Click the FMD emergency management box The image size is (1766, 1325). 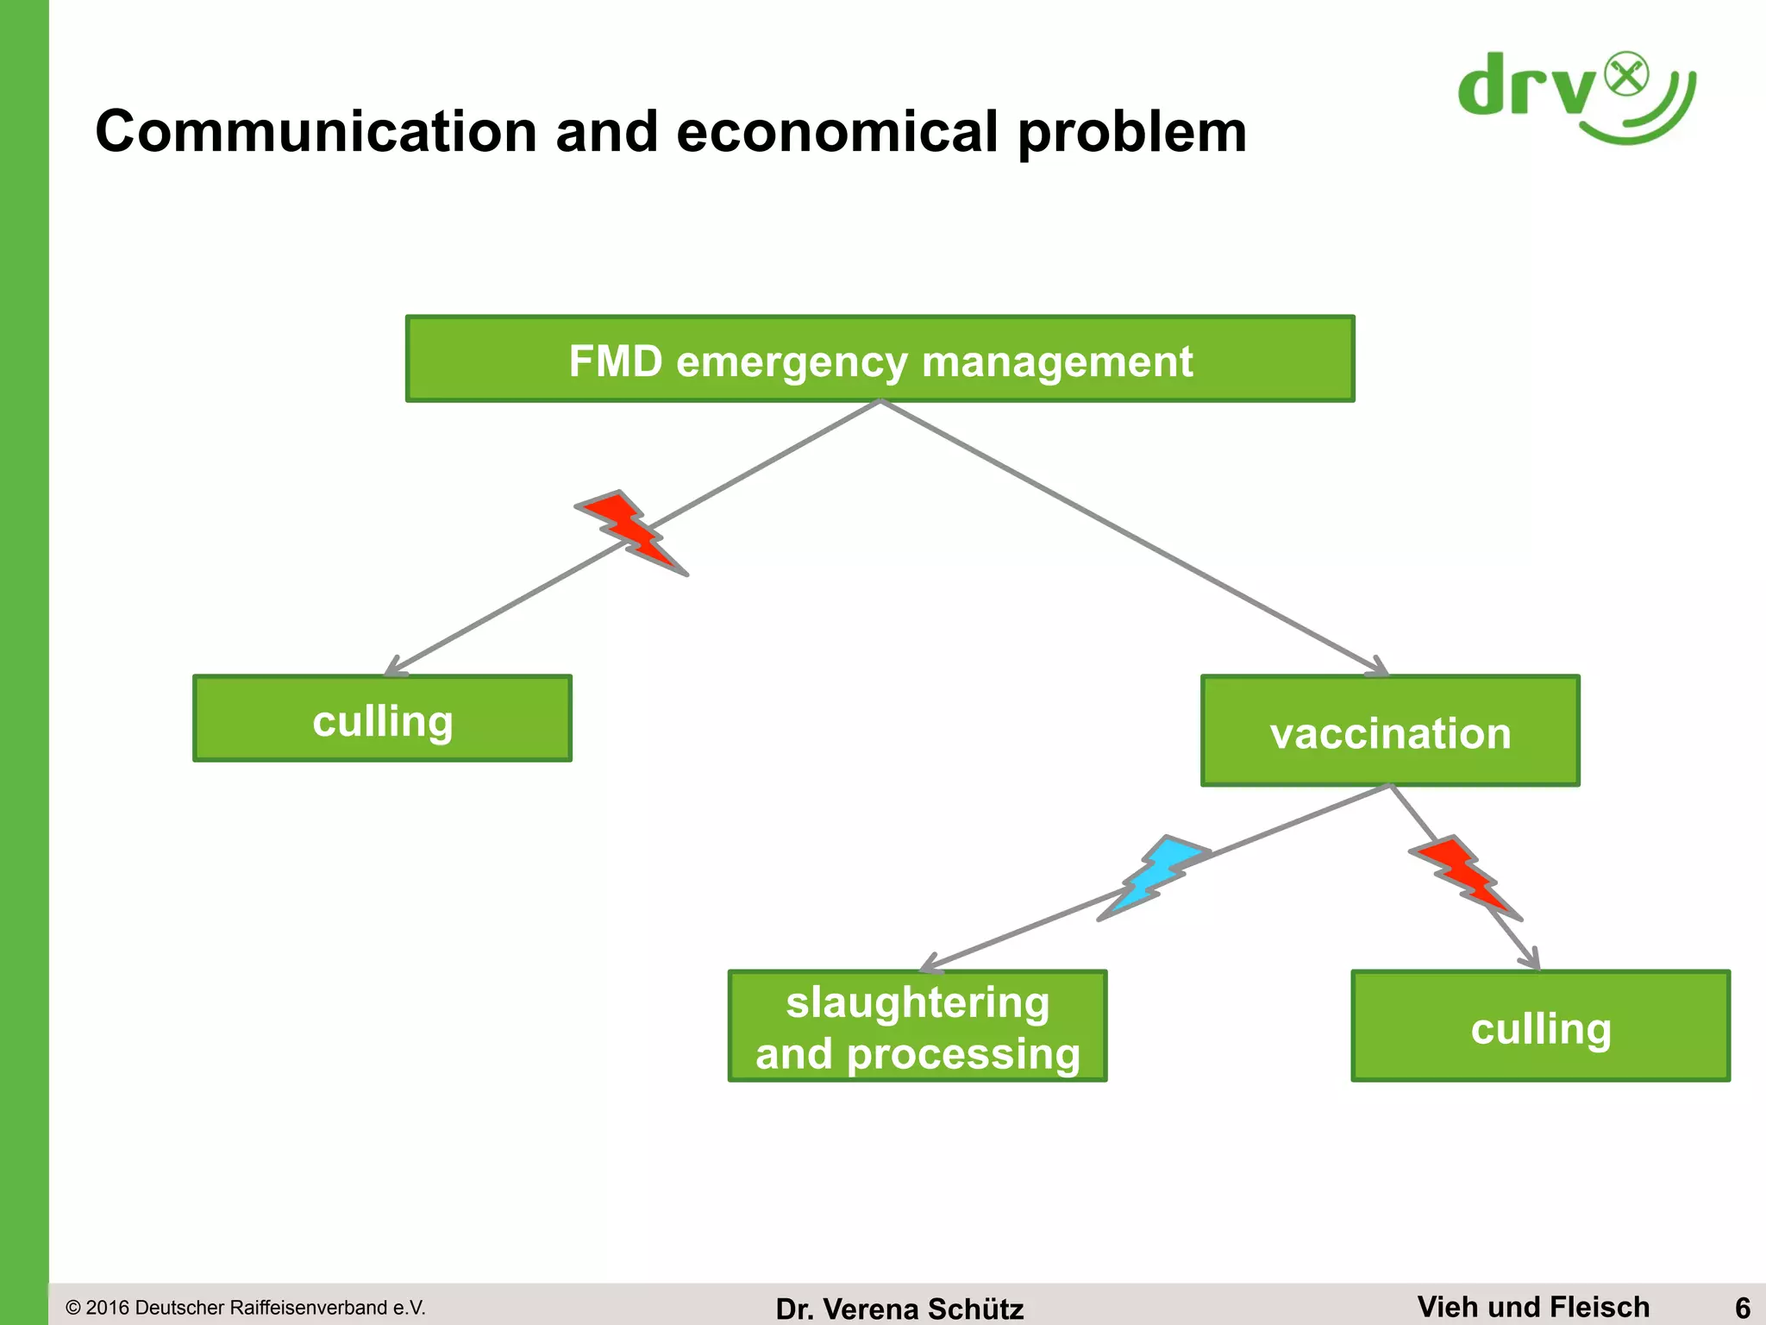coord(880,359)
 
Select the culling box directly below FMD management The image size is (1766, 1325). coord(382,719)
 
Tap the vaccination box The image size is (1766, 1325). coord(1390,731)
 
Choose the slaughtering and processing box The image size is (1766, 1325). coord(917,1026)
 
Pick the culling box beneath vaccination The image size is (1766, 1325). coord(1540,1026)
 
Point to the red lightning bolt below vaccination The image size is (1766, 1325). coord(1465,876)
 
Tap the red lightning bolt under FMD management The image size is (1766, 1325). coord(631,531)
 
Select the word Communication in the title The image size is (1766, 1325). coord(316,132)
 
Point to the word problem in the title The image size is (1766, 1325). coord(1131,132)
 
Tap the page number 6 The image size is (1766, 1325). coord(1742,1307)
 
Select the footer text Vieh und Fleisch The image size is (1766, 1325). coord(1533,1306)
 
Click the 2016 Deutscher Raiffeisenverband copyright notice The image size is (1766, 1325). coord(246,1308)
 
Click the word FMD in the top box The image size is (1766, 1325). coord(615,361)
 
